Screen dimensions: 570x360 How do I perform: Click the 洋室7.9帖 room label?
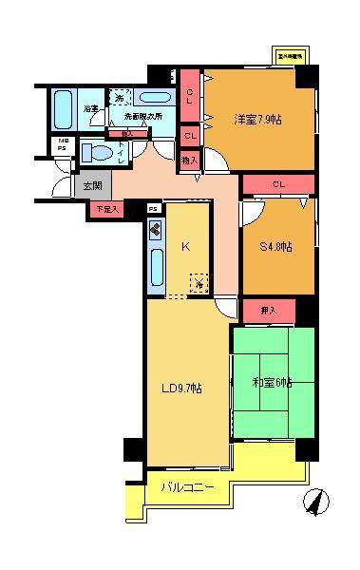[x=257, y=119]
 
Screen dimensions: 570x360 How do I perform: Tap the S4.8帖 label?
[x=276, y=247]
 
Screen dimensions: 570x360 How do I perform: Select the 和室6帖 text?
[x=272, y=383]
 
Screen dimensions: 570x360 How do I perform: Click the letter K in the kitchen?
[x=185, y=246]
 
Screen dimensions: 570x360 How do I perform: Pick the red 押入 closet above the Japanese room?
[x=271, y=310]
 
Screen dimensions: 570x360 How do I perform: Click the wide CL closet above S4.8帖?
[x=278, y=184]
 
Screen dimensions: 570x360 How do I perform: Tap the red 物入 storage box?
[x=189, y=161]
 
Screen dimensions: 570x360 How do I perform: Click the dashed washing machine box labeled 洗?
[x=120, y=97]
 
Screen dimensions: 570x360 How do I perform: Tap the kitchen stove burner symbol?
[x=156, y=230]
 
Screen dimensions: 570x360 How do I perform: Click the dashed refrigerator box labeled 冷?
[x=199, y=282]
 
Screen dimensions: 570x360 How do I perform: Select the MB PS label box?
[x=61, y=144]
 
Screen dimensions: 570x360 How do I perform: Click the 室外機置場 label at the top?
[x=289, y=56]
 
